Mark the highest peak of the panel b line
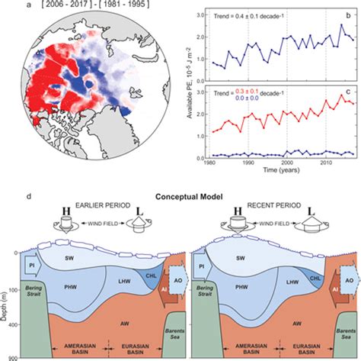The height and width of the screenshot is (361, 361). point(341,25)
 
